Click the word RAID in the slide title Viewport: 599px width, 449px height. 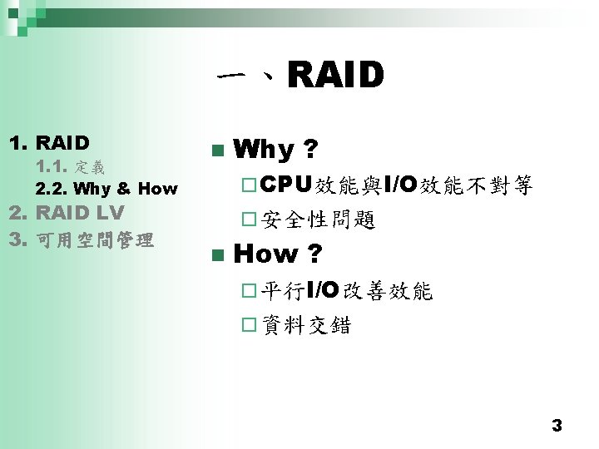(336, 76)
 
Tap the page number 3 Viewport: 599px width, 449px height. (557, 426)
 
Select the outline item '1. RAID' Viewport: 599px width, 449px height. (49, 142)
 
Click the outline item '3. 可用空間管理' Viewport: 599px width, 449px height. (81, 240)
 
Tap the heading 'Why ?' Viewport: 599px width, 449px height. (275, 150)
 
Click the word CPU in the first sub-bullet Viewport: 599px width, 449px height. (287, 185)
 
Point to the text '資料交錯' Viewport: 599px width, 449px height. (305, 325)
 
